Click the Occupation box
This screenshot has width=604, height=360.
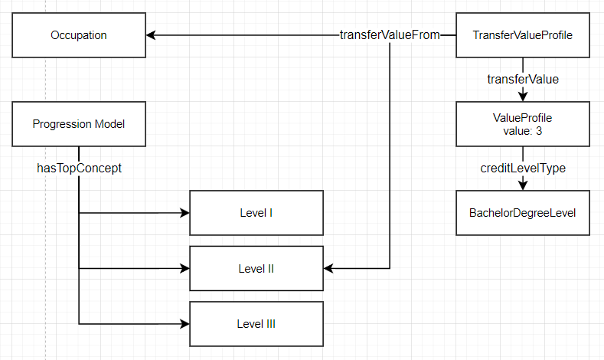tap(79, 35)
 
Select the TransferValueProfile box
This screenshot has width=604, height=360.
tap(523, 35)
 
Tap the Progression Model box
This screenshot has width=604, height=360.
tap(79, 124)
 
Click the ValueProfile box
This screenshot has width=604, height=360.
tap(523, 124)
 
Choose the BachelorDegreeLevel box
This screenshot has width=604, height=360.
tap(523, 213)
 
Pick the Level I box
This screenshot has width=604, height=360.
tap(256, 213)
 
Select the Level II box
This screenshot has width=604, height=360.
tap(256, 269)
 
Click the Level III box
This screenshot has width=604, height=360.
tap(256, 324)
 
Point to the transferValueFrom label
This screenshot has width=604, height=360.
tap(390, 35)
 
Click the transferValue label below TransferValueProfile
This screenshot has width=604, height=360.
tap(523, 79)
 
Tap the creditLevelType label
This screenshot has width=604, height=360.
tap(523, 168)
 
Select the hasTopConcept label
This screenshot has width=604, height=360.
tap(79, 168)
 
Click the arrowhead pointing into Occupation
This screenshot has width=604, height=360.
tap(152, 35)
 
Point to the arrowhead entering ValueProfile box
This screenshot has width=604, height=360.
tap(523, 97)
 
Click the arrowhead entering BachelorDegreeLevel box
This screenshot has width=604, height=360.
tap(523, 185)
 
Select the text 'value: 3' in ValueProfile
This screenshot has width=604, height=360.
tap(523, 130)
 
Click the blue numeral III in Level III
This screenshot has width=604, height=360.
tap(270, 324)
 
